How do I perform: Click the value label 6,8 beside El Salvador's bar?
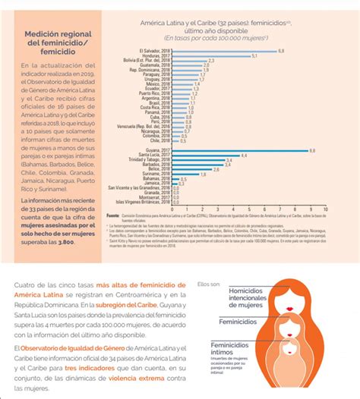click(282, 50)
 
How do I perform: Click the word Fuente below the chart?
click(114, 215)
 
